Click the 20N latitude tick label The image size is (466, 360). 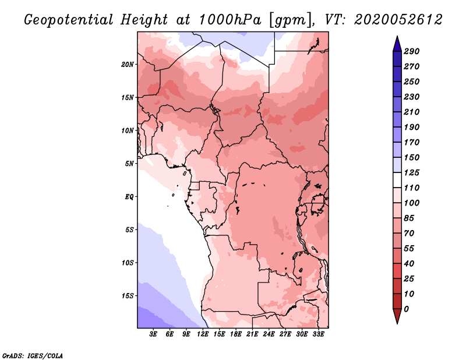pyautogui.click(x=127, y=65)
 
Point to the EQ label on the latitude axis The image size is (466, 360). pyautogui.click(x=129, y=197)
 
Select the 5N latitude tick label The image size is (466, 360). pyautogui.click(x=129, y=164)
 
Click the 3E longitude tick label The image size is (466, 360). pyautogui.click(x=153, y=334)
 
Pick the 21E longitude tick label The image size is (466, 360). pyautogui.click(x=252, y=334)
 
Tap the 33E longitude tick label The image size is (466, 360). pyautogui.click(x=318, y=334)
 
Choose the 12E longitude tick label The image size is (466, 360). pyautogui.click(x=203, y=334)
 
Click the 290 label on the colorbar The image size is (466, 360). pyautogui.click(x=411, y=51)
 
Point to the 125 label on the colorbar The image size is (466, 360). pyautogui.click(x=411, y=172)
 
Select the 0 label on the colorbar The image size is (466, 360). pyautogui.click(x=406, y=309)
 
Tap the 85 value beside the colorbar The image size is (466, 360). pyautogui.click(x=409, y=218)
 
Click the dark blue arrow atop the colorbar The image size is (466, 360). pyautogui.click(x=397, y=44)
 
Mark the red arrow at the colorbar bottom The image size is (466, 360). pyautogui.click(x=397, y=316)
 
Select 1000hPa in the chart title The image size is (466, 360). pyautogui.click(x=230, y=20)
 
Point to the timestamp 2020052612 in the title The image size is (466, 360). pyautogui.click(x=398, y=20)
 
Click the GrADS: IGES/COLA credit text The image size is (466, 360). pyautogui.click(x=33, y=355)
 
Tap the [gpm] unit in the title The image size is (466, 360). pyautogui.click(x=291, y=20)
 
